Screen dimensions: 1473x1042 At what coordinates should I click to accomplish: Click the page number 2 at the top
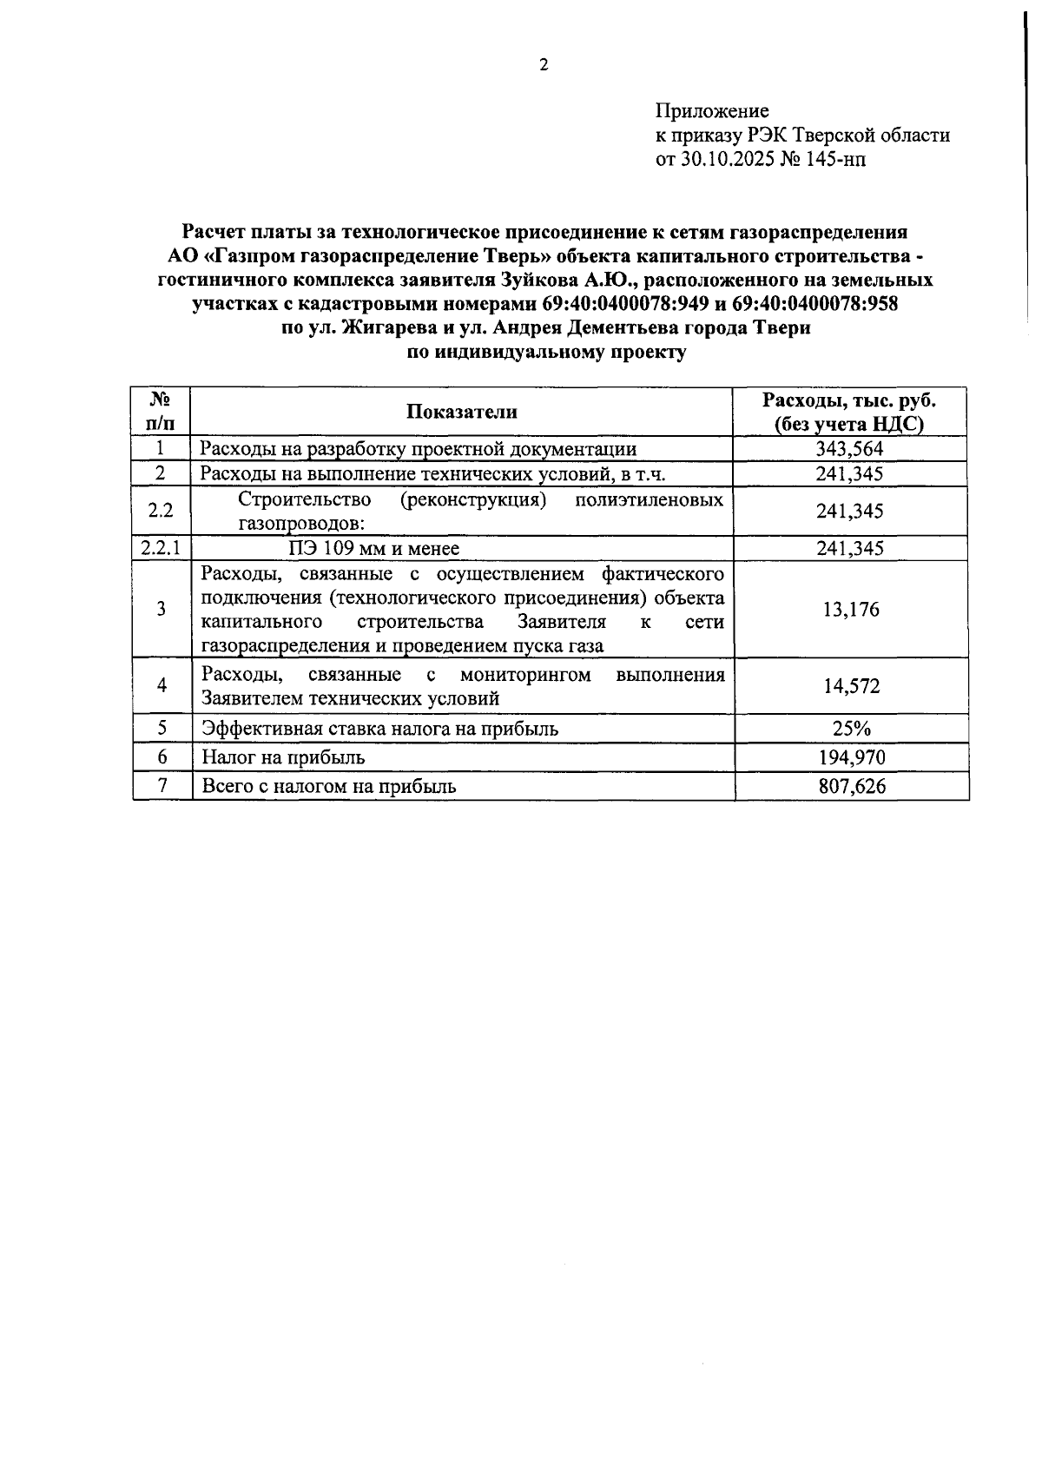coord(544,65)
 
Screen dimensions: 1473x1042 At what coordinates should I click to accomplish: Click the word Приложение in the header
coord(712,111)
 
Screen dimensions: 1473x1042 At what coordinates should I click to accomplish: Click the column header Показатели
coord(461,412)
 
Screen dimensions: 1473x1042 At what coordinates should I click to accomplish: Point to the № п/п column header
coord(161,412)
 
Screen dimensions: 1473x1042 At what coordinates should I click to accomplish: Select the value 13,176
coord(851,610)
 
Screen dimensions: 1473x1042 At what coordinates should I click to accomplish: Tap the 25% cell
coord(851,729)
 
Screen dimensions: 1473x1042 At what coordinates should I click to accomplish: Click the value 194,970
coord(851,757)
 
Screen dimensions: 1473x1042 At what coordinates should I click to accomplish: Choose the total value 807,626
coord(851,787)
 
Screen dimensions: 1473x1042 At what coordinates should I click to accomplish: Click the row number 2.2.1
coord(161,548)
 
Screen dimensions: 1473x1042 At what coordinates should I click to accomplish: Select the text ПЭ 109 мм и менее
coord(373,548)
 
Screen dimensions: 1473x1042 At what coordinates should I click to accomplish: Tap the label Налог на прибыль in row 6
coord(283,757)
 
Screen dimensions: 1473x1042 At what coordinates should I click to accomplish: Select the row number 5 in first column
coord(162,729)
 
